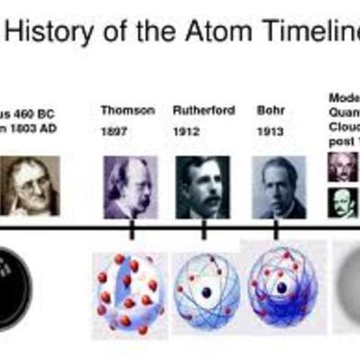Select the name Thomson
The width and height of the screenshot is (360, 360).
[128, 110]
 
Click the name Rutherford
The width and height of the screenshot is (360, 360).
[202, 110]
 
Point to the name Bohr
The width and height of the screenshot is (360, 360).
[269, 110]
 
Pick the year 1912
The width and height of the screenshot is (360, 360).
[185, 134]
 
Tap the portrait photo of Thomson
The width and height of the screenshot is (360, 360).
[130, 186]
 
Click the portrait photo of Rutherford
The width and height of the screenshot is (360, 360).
[203, 186]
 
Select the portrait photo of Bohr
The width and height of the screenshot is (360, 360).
[279, 186]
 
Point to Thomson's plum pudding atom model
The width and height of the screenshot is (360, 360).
[130, 293]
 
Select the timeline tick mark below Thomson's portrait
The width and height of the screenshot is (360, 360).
[131, 230]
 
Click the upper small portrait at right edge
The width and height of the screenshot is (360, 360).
[342, 167]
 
